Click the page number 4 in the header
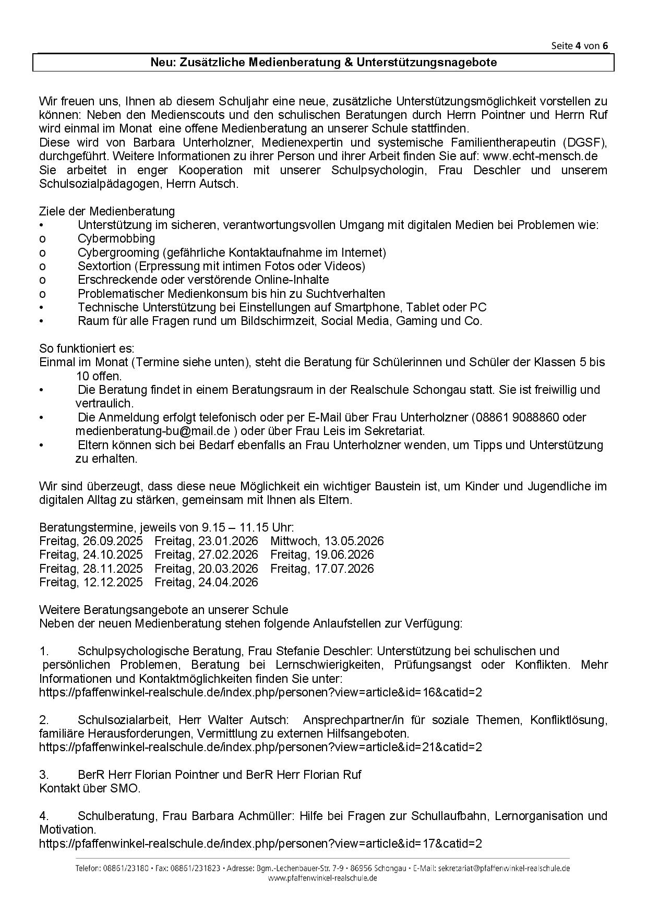[579, 45]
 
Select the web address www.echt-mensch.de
[540, 156]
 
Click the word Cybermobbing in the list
[116, 239]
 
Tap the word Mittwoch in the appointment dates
[293, 541]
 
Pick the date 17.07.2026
[344, 569]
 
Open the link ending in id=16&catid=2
[260, 693]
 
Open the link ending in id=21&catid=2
[260, 747]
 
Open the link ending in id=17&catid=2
[260, 843]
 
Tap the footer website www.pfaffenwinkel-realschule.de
[322, 878]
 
